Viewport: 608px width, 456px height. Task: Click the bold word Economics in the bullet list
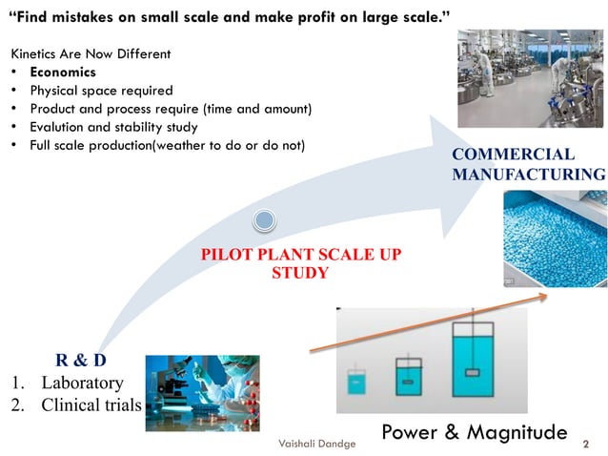[63, 73]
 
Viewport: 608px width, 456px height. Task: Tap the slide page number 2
[585, 445]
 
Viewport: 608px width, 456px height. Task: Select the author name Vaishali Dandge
[316, 445]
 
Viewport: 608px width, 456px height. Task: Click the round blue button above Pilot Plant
[264, 221]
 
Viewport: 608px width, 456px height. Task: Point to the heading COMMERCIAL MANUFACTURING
[528, 164]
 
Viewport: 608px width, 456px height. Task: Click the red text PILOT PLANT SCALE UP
[301, 256]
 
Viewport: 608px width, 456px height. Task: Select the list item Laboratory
[82, 383]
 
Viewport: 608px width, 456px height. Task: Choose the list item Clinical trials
[91, 404]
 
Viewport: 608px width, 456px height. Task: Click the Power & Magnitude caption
[474, 432]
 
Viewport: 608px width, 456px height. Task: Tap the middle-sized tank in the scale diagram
[410, 376]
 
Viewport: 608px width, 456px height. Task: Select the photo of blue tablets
[554, 238]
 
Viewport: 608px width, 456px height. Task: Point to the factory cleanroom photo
[531, 78]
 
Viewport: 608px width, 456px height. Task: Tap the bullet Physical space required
[101, 91]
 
